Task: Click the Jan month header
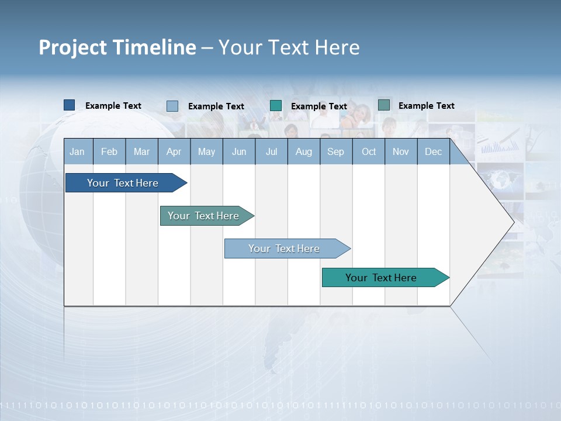point(77,151)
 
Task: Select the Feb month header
point(109,151)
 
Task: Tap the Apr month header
point(174,151)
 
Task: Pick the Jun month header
point(239,151)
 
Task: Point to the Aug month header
point(303,151)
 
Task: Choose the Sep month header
point(335,151)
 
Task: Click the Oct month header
point(369,151)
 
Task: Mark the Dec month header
point(433,151)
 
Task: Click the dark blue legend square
point(70,105)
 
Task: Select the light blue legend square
point(172,106)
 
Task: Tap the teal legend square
point(276,106)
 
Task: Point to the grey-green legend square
point(384,105)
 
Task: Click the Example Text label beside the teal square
point(319,106)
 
